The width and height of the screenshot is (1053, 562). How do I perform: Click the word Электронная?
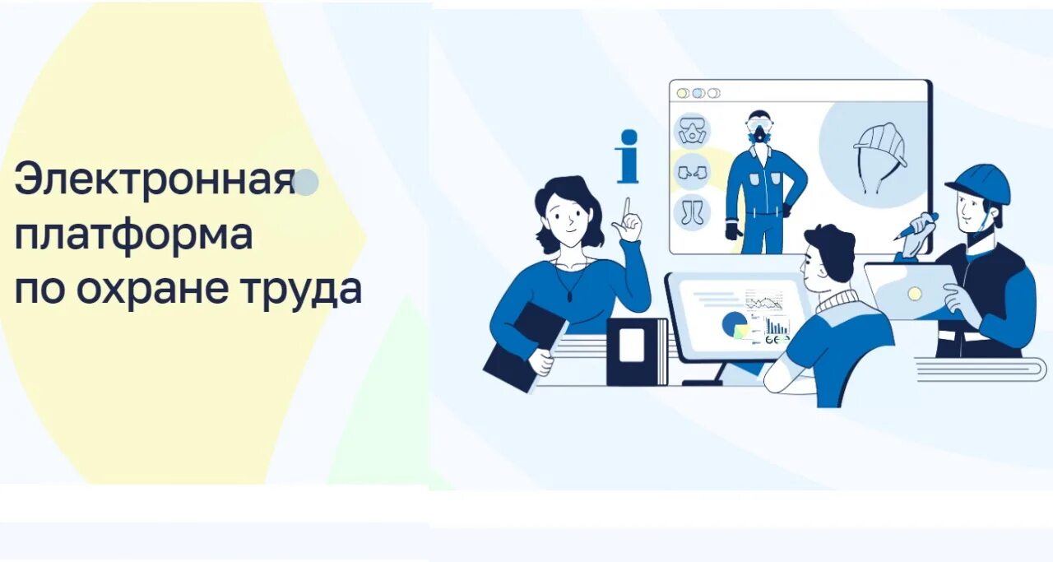tap(154, 179)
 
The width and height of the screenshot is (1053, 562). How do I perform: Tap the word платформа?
tap(133, 235)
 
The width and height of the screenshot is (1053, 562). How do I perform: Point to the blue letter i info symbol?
tap(628, 156)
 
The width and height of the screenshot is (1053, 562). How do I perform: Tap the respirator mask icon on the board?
tap(691, 131)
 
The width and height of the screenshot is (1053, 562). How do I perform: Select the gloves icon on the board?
tap(691, 172)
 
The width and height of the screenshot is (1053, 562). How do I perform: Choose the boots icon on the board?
tap(691, 211)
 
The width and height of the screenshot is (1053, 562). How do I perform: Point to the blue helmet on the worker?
tap(981, 182)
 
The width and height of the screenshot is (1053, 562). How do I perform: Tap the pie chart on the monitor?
tap(733, 325)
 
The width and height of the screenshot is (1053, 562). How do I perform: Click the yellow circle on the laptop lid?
tap(914, 294)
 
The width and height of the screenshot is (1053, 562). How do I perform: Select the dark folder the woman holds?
tap(523, 345)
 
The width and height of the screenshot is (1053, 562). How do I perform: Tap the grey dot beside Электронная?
tap(306, 183)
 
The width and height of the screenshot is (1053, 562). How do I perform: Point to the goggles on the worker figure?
tap(757, 125)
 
